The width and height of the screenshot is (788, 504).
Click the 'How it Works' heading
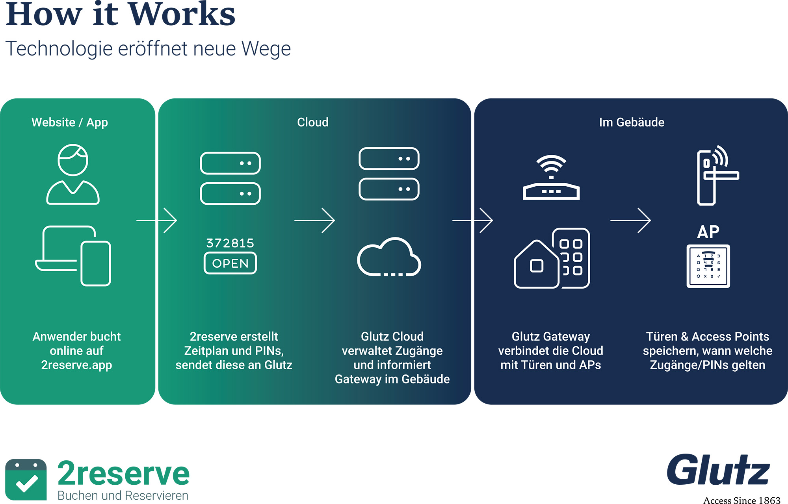coord(121,15)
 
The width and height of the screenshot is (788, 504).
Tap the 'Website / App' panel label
coord(70,122)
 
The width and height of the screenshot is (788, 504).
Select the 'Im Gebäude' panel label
coord(632,122)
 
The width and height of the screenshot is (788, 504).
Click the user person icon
coord(73,174)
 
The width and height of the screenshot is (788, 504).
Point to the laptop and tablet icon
coord(73,256)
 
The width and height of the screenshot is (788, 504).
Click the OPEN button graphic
coord(230,263)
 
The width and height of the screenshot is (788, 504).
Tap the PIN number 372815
coord(230,243)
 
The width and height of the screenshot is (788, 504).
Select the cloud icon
coord(389,258)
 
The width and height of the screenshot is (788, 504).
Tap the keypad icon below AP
coord(708,266)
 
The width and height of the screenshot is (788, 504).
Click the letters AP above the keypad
coord(708,232)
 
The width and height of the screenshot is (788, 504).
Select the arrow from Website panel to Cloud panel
coord(157,220)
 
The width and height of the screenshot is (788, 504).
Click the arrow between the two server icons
coord(314,220)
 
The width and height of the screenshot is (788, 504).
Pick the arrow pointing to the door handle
coord(630,220)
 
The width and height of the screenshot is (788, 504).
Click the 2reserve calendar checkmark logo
coord(26,479)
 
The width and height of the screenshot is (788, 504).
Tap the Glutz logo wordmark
coord(718,470)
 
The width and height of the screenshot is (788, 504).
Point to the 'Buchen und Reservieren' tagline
coord(123,495)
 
